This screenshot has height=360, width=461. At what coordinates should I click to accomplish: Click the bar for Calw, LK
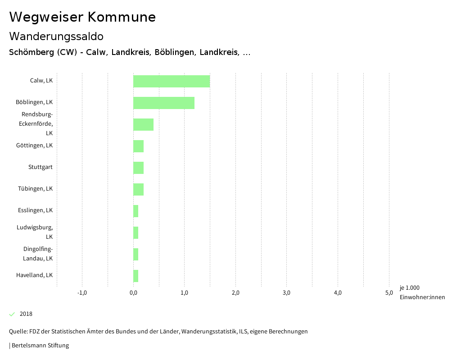click(172, 81)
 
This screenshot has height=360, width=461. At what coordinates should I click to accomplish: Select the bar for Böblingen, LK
click(164, 103)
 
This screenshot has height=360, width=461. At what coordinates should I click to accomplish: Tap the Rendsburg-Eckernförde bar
click(143, 124)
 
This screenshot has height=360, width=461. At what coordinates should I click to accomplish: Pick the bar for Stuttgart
click(138, 168)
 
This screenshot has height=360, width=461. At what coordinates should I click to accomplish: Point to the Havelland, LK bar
click(136, 276)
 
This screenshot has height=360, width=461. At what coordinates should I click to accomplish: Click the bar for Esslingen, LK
click(136, 211)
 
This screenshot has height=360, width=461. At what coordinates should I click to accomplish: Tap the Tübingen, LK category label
click(35, 189)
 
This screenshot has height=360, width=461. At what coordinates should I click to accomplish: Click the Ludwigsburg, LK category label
click(35, 232)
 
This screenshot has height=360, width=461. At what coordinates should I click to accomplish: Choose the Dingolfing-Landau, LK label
click(38, 254)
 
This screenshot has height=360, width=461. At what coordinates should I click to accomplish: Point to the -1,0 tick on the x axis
click(82, 293)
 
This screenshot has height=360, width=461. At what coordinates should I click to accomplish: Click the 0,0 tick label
click(133, 293)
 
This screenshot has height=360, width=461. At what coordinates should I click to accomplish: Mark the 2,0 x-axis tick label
click(235, 293)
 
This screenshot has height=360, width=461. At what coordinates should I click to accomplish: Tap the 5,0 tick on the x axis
click(389, 293)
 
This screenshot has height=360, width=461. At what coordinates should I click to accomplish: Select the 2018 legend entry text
click(26, 314)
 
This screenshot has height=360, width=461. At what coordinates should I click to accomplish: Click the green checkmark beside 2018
click(12, 314)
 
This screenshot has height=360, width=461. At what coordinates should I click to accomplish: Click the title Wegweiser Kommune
click(82, 17)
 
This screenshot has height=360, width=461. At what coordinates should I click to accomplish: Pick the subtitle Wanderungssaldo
click(56, 36)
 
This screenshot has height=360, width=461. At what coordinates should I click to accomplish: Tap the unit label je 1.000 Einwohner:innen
click(422, 292)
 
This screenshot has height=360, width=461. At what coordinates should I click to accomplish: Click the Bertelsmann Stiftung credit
click(40, 346)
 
